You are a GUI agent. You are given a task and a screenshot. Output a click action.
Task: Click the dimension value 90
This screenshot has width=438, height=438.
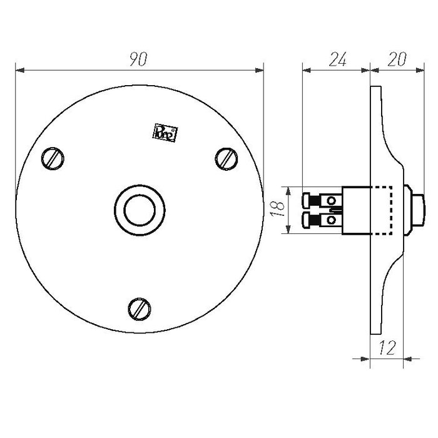[138, 59]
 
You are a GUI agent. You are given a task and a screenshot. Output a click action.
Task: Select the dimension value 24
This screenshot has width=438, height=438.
[338, 59]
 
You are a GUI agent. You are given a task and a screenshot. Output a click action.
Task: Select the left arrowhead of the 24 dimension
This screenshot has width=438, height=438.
[306, 69]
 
